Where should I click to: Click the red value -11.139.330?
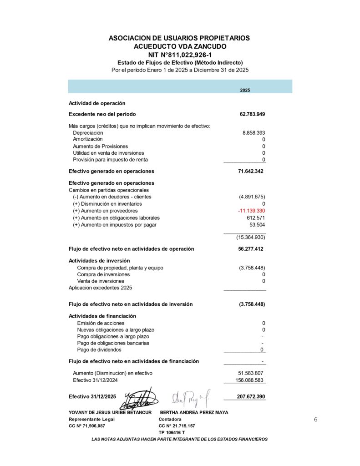251,211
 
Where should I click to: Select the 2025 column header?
245,90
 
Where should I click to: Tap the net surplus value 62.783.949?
252,114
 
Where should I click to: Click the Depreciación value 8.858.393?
254,133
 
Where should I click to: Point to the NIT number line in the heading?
180,55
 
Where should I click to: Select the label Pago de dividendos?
99,350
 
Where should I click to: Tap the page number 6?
315,420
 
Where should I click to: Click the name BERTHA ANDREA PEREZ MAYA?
194,412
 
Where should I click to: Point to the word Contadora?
170,419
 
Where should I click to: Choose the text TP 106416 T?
172,432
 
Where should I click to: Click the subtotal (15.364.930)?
250,238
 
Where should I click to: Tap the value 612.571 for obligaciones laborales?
254,218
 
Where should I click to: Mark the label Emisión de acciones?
94,323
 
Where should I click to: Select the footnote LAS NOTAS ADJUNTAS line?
180,439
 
